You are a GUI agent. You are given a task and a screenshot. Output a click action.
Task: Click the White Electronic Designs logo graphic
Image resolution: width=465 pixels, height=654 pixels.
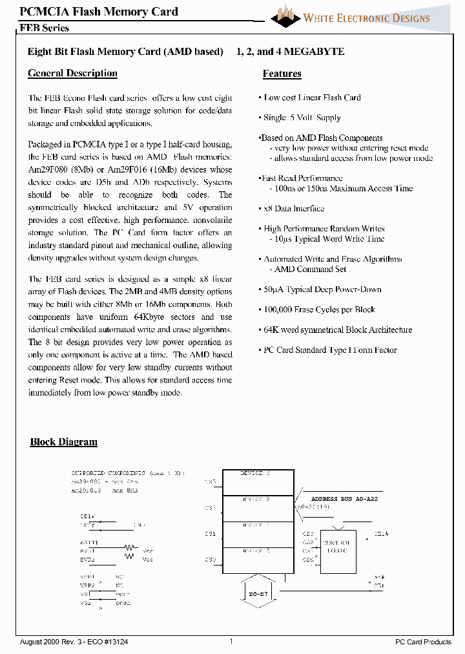pos(285,16)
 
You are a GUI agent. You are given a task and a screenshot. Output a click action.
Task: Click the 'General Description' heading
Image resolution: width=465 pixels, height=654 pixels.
pos(72,74)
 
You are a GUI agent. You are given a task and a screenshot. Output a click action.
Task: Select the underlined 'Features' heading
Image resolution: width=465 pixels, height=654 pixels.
pos(282,74)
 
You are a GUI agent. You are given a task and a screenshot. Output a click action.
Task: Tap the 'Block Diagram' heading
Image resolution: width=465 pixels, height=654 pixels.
pos(64,442)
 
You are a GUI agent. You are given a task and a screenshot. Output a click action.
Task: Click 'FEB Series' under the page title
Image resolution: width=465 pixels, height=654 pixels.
pos(45,28)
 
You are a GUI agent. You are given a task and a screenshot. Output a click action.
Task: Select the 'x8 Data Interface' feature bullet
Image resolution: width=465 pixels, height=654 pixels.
pos(294,209)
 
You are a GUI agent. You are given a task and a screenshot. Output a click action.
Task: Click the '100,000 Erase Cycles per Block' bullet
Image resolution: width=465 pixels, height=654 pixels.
pos(319,310)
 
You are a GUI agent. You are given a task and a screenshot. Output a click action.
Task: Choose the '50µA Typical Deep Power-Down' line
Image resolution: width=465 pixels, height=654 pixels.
pos(322,290)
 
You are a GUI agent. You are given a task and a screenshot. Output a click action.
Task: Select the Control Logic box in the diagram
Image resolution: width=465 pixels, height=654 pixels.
pos(338,547)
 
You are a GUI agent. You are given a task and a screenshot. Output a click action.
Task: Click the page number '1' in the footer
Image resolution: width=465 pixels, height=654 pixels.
pos(231,641)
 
